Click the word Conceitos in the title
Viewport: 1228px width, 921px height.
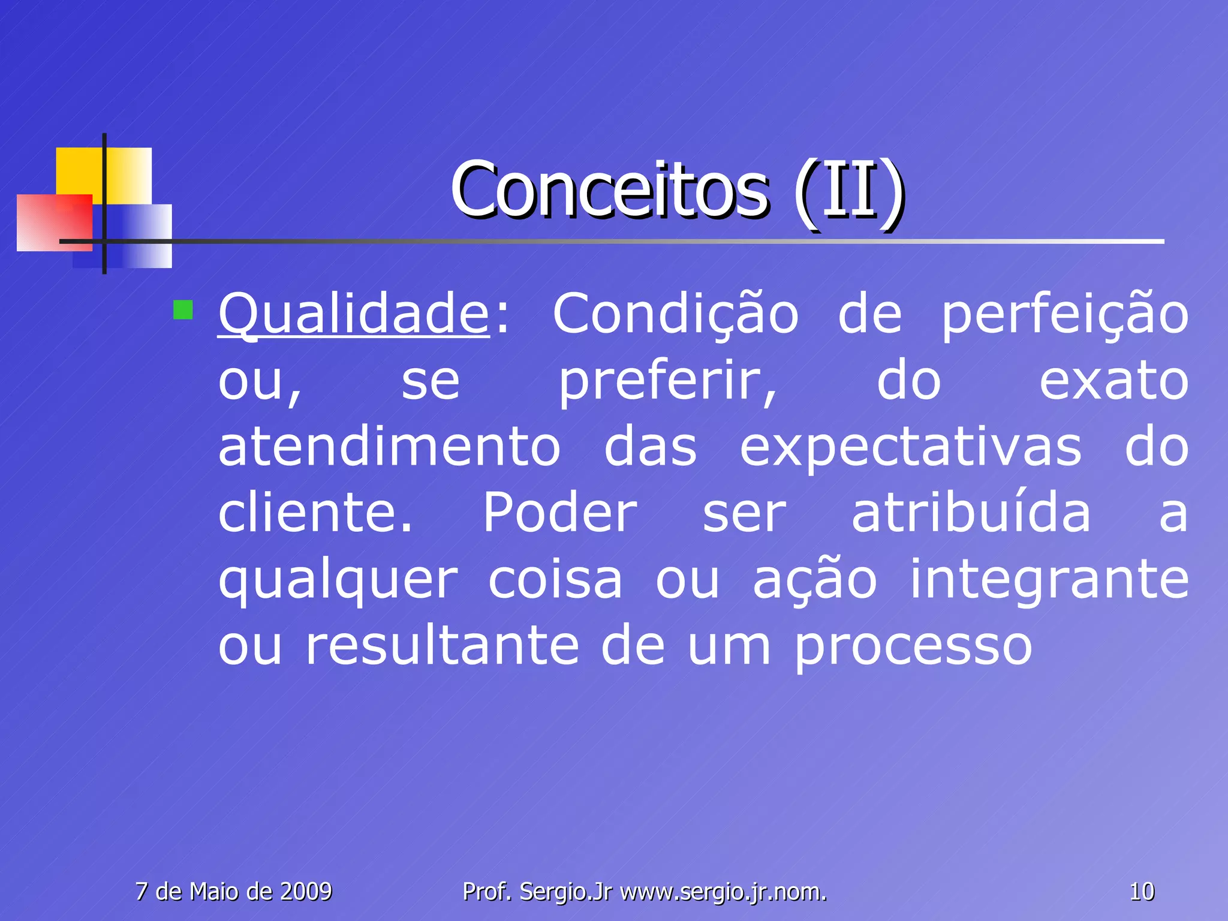[609, 190]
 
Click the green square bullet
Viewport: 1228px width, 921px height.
[183, 310]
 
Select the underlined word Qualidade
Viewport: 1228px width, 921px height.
[354, 315]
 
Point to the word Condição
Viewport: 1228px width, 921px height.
[675, 315]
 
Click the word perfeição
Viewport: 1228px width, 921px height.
[1065, 315]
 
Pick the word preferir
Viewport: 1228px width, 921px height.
[667, 382]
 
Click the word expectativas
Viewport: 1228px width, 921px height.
[911, 449]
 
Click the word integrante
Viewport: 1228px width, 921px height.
[1049, 580]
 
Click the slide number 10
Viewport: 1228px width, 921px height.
[1142, 892]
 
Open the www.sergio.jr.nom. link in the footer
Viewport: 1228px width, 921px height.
[723, 892]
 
